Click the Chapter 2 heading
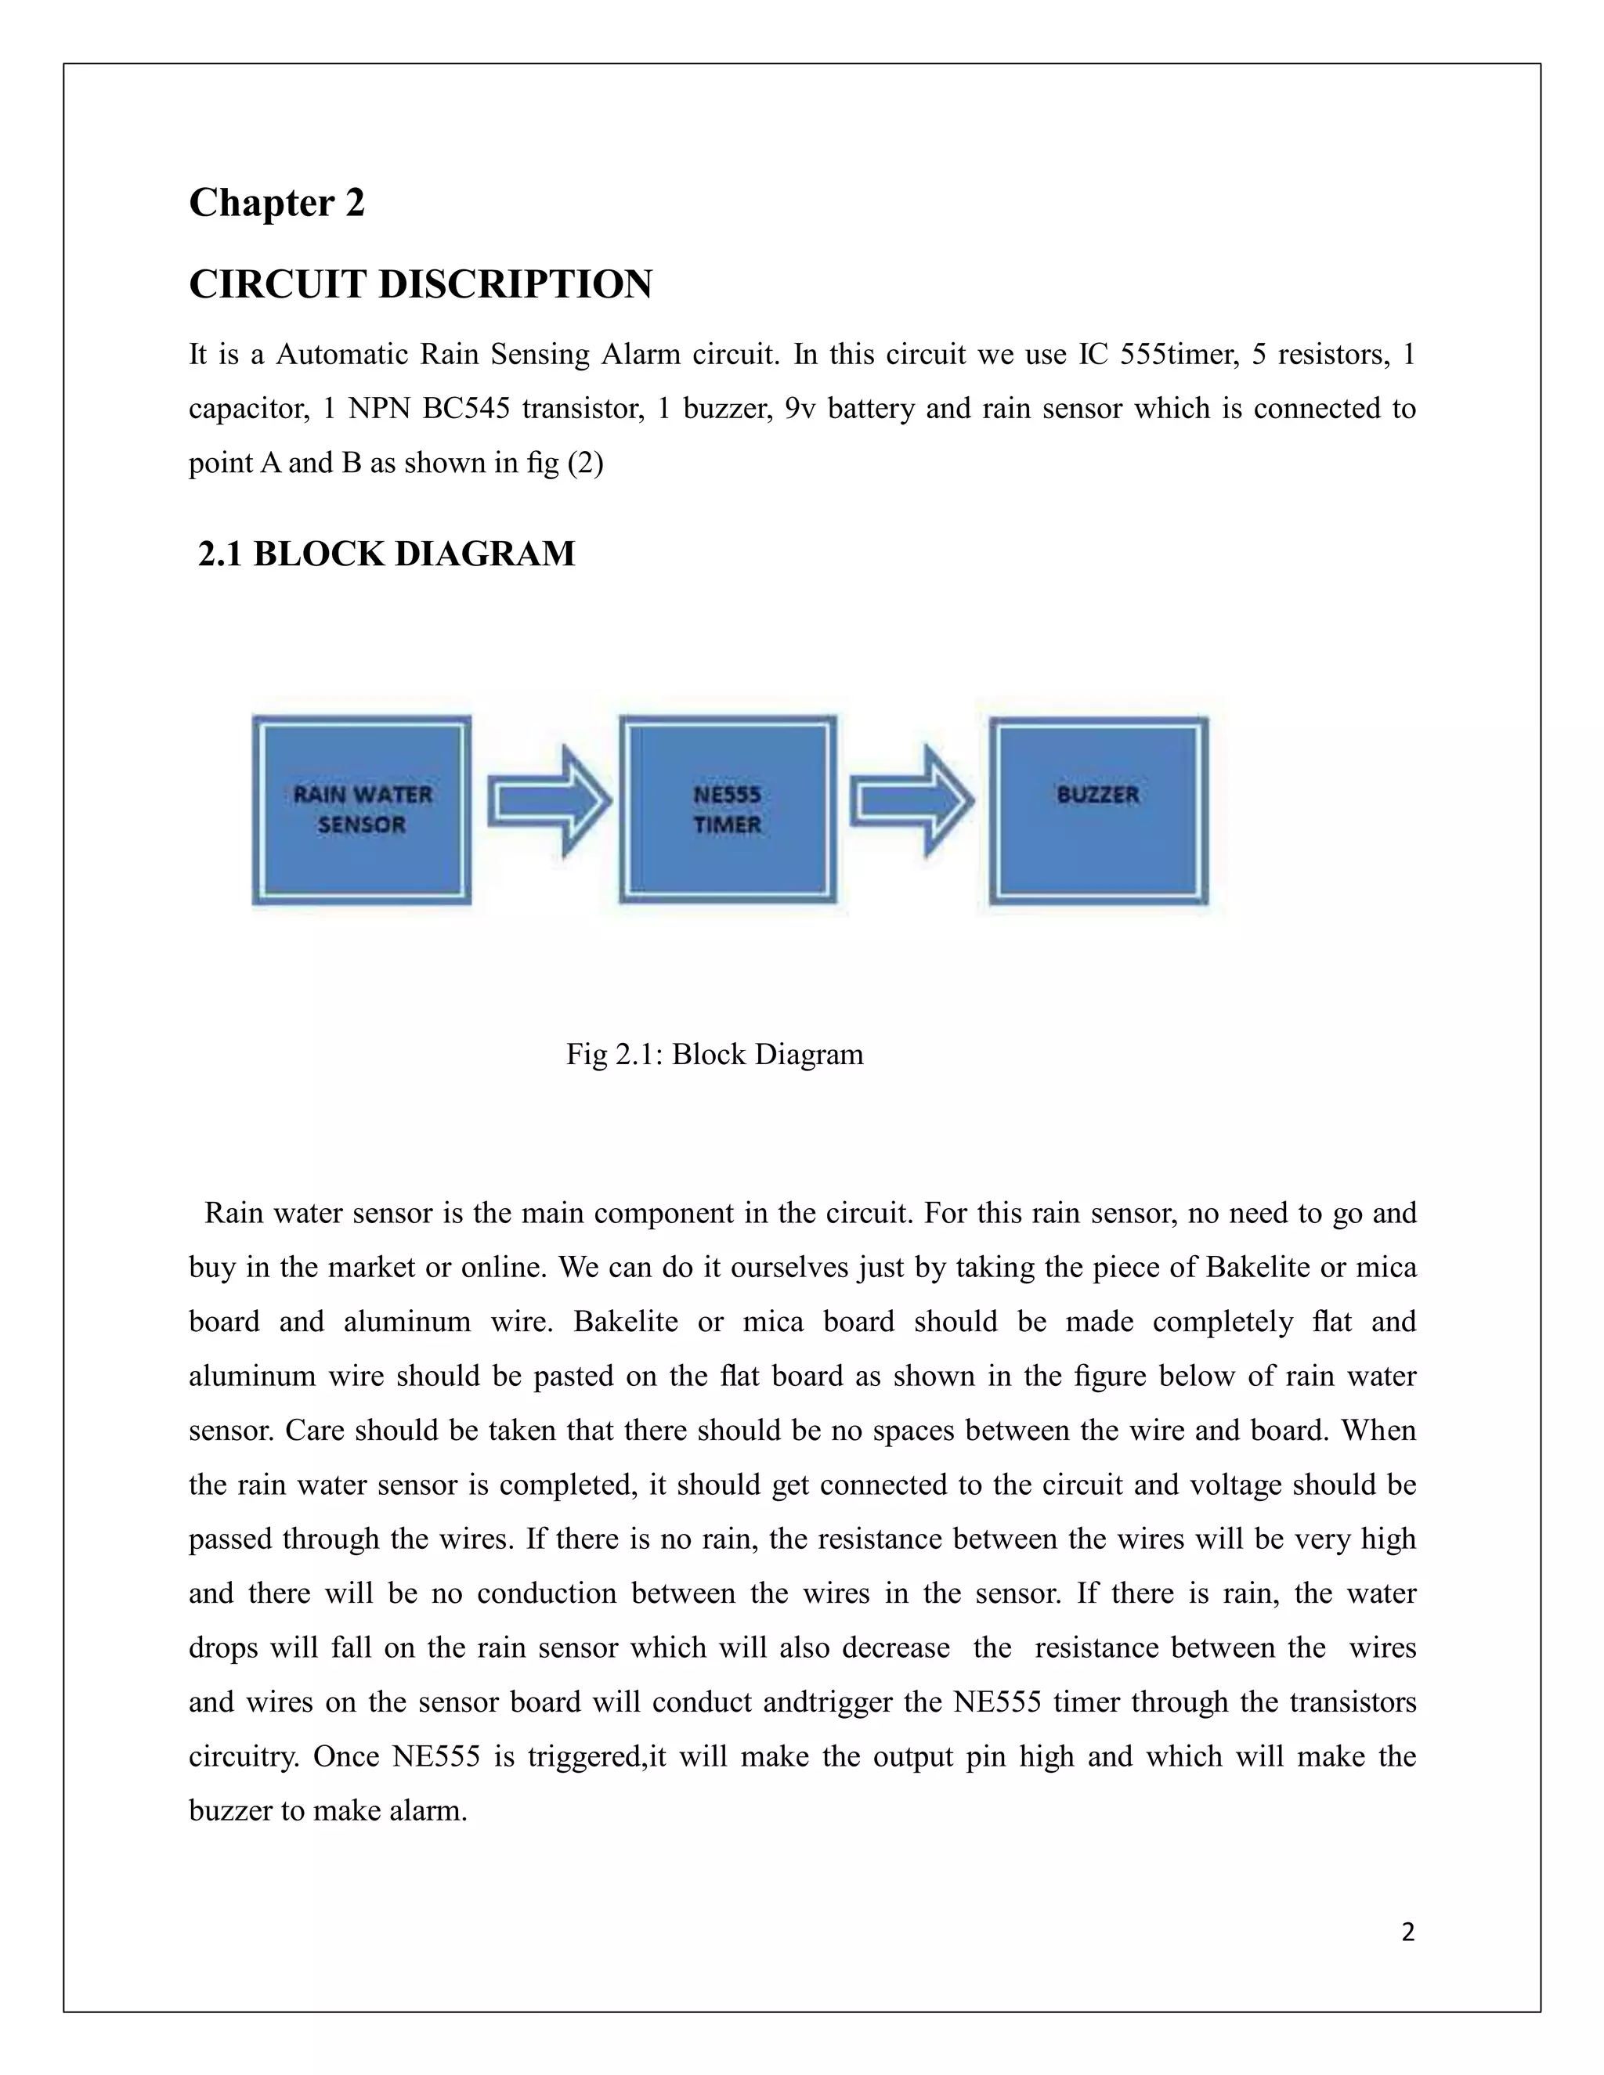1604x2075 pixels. click(276, 202)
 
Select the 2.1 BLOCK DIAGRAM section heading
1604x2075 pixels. click(386, 553)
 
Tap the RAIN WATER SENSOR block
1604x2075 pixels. click(362, 810)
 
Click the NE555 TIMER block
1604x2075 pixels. click(728, 810)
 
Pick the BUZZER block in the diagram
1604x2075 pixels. click(1099, 810)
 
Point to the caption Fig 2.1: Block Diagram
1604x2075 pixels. click(714, 1054)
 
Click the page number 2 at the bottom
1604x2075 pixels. click(1407, 1932)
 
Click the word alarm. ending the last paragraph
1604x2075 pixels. click(428, 1809)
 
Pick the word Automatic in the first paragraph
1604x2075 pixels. click(340, 355)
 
